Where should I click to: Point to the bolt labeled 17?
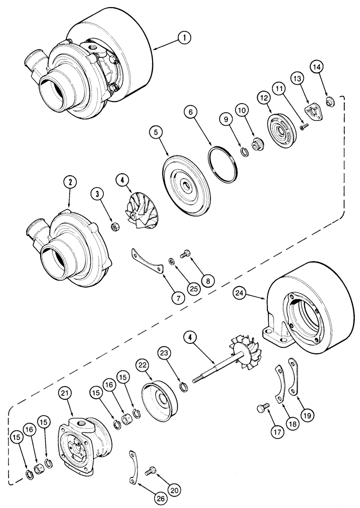pyautogui.click(x=264, y=407)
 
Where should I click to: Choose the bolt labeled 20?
pyautogui.click(x=151, y=470)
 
